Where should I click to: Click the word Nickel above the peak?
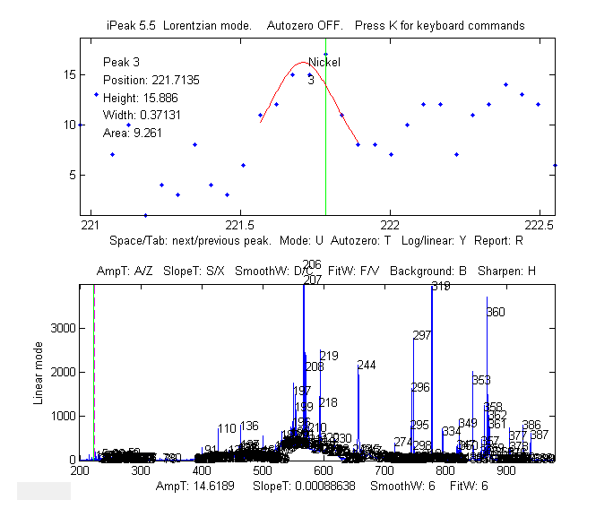click(x=324, y=63)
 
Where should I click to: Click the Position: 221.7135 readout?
click(x=151, y=80)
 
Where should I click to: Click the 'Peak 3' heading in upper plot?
click(x=123, y=63)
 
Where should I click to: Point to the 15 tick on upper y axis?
click(x=69, y=74)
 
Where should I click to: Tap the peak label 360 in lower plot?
click(x=496, y=312)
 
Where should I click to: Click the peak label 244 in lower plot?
click(x=367, y=365)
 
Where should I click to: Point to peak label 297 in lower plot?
click(x=422, y=336)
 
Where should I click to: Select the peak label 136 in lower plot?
click(x=249, y=426)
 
